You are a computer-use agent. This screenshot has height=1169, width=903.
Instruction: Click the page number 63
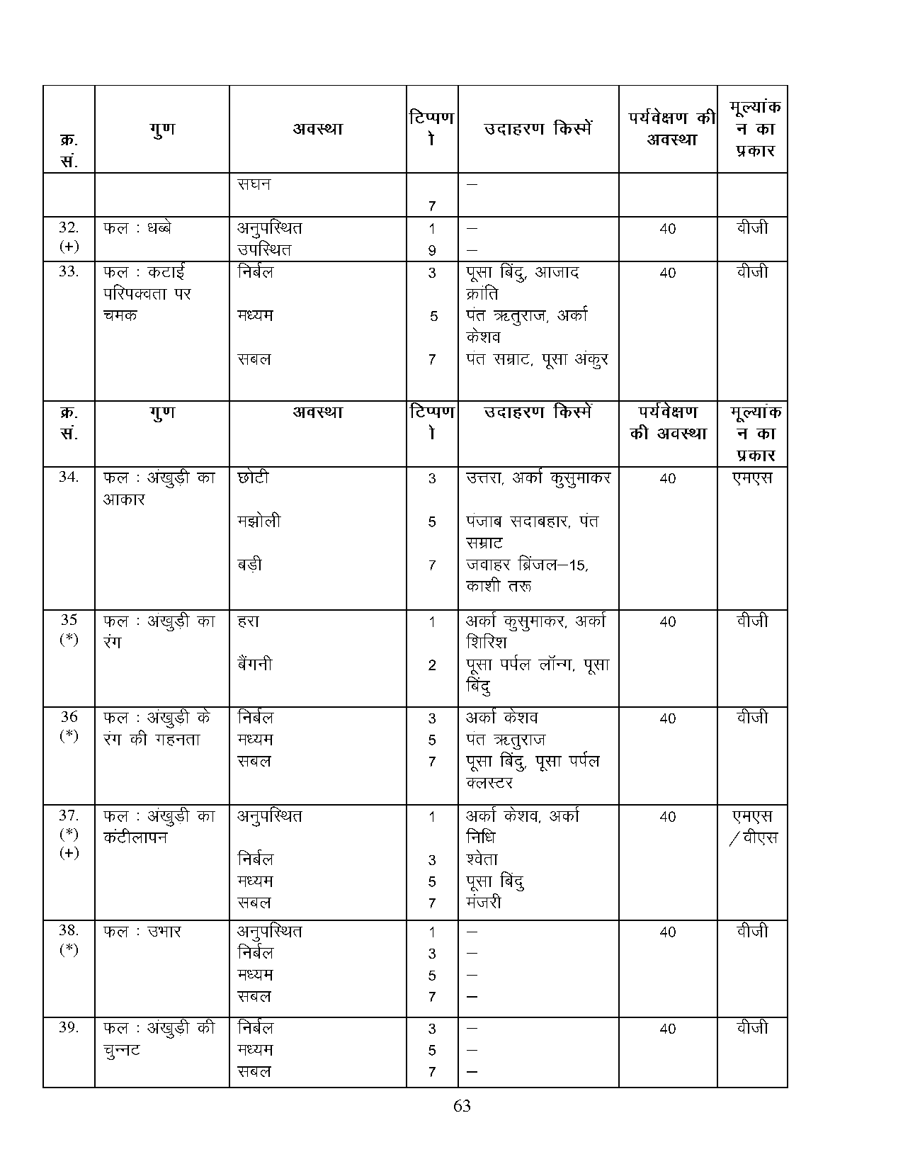pyautogui.click(x=462, y=1106)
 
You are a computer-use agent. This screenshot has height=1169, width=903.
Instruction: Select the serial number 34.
pyautogui.click(x=69, y=477)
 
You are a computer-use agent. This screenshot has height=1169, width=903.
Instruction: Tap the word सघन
pyautogui.click(x=254, y=184)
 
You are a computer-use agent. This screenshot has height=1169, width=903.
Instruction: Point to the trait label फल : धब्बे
pyautogui.click(x=137, y=228)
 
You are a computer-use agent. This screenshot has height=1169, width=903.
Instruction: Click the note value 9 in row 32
pyautogui.click(x=432, y=250)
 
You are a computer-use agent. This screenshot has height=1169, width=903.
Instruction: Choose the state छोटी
pyautogui.click(x=254, y=478)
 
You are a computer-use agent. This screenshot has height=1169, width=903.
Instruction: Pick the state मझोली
pyautogui.click(x=259, y=521)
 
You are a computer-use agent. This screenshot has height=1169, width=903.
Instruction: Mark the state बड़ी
pyautogui.click(x=250, y=565)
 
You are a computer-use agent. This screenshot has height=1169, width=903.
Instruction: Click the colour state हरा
pyautogui.click(x=249, y=621)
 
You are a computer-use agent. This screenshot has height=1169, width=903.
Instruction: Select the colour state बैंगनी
pyautogui.click(x=255, y=665)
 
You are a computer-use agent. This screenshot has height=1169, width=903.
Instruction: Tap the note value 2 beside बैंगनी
pyautogui.click(x=432, y=666)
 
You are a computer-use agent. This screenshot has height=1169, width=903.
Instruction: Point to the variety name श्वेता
pyautogui.click(x=482, y=859)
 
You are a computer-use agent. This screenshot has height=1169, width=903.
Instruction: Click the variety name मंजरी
pyautogui.click(x=484, y=903)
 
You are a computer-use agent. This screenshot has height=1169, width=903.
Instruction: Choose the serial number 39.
pyautogui.click(x=69, y=1027)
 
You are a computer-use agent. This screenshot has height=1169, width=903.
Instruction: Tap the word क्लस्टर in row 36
pyautogui.click(x=489, y=783)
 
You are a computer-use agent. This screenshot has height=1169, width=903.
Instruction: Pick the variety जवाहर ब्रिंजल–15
pyautogui.click(x=527, y=565)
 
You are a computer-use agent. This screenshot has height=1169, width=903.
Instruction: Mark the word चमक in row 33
pyautogui.click(x=120, y=315)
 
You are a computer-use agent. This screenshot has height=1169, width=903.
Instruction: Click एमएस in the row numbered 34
pyautogui.click(x=752, y=478)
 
